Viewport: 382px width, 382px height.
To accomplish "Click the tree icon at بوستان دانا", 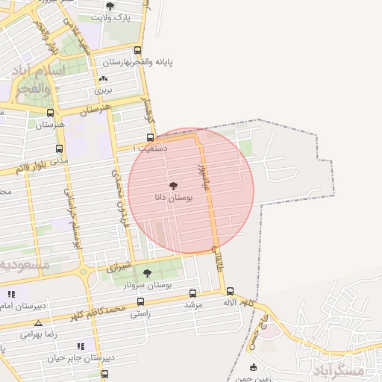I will [173, 185].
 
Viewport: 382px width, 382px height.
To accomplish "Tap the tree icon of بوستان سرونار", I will [147, 273].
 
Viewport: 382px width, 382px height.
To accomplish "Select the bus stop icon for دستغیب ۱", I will [151, 137].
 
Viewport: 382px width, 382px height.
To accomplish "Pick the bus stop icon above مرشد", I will [193, 293].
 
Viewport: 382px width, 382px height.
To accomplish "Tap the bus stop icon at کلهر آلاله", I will [230, 292].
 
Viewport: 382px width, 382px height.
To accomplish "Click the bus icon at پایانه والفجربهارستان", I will [137, 51].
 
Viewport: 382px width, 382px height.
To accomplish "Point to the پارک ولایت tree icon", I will [110, 6].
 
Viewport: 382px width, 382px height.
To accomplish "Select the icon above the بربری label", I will [103, 79].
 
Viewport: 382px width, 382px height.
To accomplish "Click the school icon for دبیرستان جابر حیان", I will [81, 346].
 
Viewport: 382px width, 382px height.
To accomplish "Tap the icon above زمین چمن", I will [253, 367].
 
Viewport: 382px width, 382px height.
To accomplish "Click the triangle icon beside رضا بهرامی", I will [38, 323].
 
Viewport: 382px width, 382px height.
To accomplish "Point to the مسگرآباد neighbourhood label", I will [339, 370].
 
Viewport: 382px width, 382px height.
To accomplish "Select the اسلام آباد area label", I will [37, 71].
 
